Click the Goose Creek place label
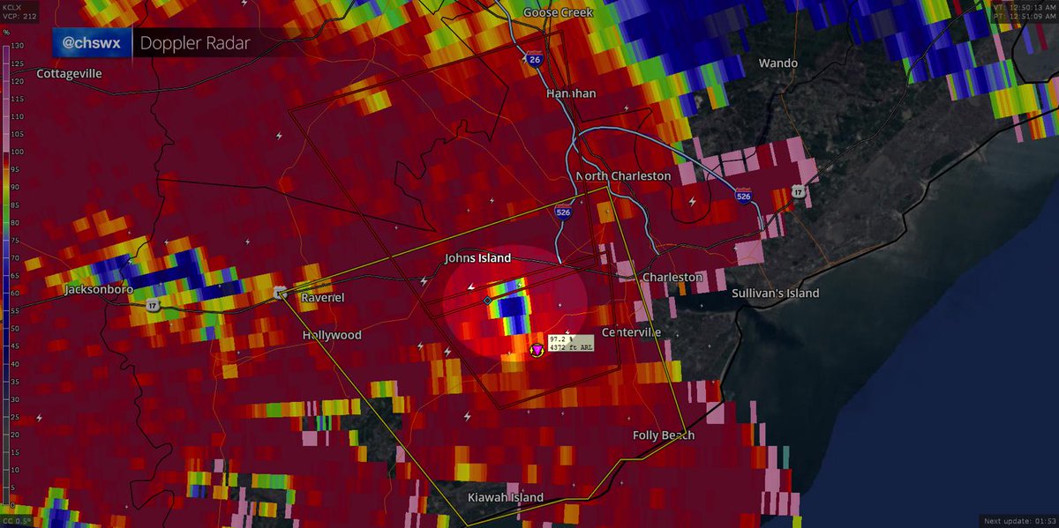(558, 12)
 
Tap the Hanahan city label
(570, 93)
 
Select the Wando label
(777, 63)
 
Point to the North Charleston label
(623, 176)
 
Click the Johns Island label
(477, 258)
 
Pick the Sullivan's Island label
(775, 294)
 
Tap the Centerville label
(631, 332)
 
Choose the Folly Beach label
(663, 435)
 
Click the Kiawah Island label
(505, 498)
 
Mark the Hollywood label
(332, 336)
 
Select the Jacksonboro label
(98, 289)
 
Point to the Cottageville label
(69, 74)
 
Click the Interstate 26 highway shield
(536, 60)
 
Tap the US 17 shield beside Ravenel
(280, 293)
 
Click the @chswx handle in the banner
(92, 43)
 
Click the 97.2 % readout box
(570, 342)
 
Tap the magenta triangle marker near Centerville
(536, 350)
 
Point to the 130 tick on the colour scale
(17, 46)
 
